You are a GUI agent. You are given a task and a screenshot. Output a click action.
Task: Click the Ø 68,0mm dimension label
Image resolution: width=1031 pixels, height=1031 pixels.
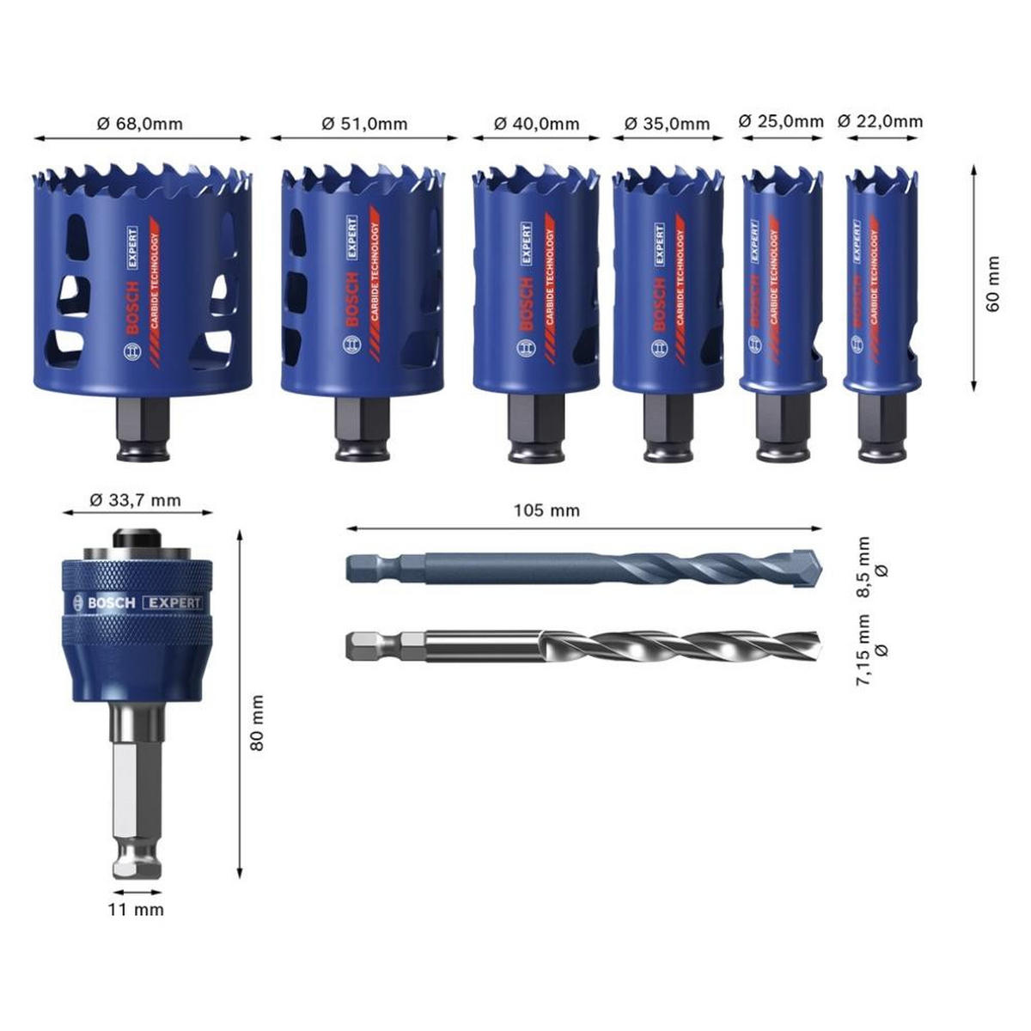pyautogui.click(x=139, y=124)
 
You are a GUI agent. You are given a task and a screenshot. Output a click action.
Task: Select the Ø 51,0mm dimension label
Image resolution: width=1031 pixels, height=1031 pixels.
pyautogui.click(x=364, y=124)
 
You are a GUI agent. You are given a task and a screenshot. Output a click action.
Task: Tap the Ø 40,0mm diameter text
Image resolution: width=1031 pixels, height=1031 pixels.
pyautogui.click(x=536, y=124)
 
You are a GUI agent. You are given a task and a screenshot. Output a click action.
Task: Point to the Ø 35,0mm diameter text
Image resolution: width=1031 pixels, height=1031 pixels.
pyautogui.click(x=668, y=124)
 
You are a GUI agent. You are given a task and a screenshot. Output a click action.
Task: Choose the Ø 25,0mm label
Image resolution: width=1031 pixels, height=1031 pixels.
pyautogui.click(x=781, y=121)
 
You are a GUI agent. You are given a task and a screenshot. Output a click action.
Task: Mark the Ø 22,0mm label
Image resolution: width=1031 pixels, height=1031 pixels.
pyautogui.click(x=880, y=121)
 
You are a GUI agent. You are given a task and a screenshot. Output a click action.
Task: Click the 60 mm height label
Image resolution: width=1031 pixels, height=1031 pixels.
pyautogui.click(x=994, y=284)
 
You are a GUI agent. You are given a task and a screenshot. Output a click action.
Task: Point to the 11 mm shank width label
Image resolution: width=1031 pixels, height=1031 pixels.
pyautogui.click(x=136, y=909)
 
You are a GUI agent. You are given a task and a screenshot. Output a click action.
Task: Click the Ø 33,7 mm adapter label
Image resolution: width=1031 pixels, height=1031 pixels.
pyautogui.click(x=136, y=500)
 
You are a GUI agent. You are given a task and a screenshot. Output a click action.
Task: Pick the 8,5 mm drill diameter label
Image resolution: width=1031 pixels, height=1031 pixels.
pyautogui.click(x=871, y=567)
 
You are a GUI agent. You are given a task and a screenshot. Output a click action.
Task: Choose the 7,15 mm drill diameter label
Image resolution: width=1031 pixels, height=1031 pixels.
pyautogui.click(x=871, y=650)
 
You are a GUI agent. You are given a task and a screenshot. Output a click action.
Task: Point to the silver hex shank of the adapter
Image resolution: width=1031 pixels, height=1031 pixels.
pyautogui.click(x=137, y=790)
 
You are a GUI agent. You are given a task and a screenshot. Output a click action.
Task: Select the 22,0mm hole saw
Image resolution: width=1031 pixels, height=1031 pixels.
pyautogui.click(x=881, y=284)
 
